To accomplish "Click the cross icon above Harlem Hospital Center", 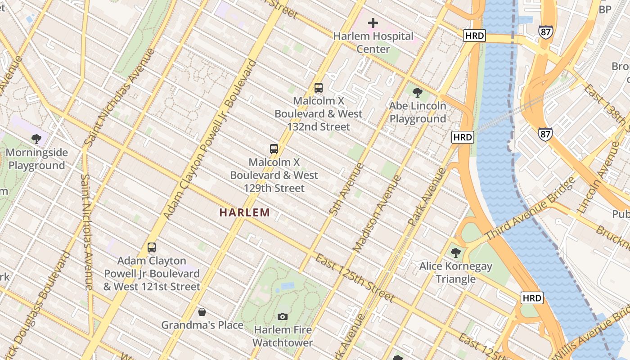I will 373,22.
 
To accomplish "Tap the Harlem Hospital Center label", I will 373,42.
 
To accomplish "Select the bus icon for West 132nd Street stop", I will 319,88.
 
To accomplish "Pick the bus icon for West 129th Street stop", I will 274,148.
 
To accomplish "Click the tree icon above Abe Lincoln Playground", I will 418,93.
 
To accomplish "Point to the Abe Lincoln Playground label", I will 418,112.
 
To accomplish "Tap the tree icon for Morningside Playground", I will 37,139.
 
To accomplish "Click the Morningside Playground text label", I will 37,159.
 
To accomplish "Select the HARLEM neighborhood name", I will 245,212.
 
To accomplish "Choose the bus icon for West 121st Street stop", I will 152,247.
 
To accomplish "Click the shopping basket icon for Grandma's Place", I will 202,312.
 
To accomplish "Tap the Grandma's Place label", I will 202,325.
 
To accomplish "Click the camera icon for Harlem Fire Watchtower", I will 283,316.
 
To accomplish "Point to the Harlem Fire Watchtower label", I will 283,336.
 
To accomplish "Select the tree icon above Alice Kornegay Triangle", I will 456,253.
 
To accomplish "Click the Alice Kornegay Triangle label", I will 456,273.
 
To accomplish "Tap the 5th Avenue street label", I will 340,189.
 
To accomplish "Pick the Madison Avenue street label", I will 377,213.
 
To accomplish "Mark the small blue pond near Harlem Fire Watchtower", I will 287,286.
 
